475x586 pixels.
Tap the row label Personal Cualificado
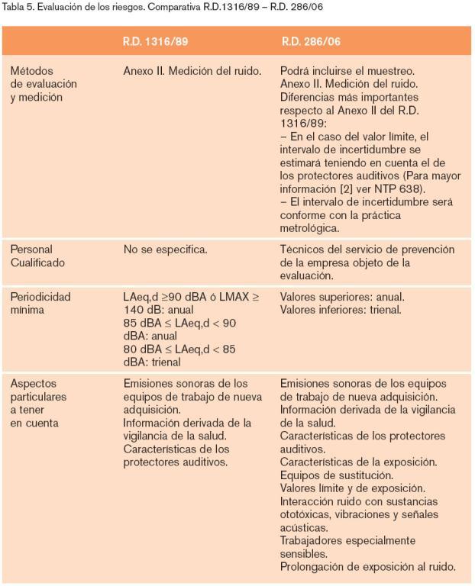tap(37, 256)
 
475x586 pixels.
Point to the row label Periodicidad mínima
tap(40, 303)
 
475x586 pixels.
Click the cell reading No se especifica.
tap(166, 250)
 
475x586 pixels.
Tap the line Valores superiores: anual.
tap(342, 297)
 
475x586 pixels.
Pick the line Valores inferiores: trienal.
tap(341, 310)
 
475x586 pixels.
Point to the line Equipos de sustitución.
tap(337, 475)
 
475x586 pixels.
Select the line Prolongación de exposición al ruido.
tap(367, 566)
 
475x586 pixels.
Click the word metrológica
tap(311, 228)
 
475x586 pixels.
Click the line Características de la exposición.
tap(358, 462)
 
